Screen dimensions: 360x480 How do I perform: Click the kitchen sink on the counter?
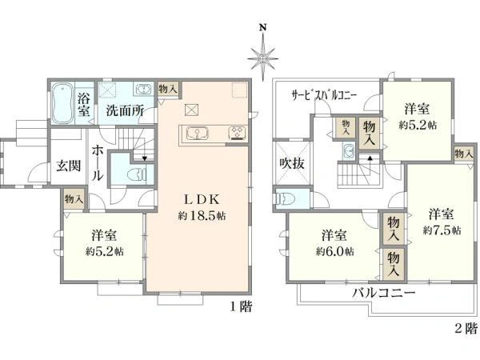[196, 134]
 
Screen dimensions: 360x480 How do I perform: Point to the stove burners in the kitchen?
[238, 133]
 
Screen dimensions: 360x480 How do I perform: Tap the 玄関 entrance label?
[68, 166]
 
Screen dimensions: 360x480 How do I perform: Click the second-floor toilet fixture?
[285, 198]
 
